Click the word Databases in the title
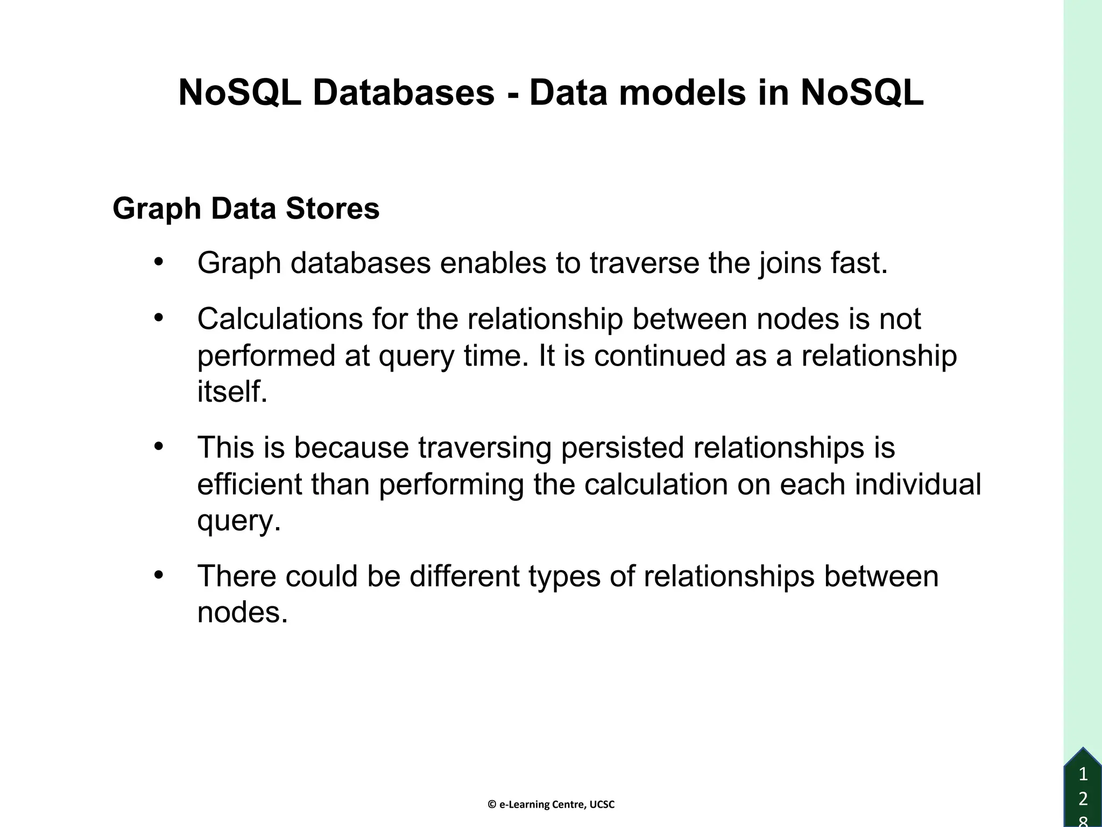click(x=404, y=93)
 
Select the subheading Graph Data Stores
click(x=246, y=209)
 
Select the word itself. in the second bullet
click(x=232, y=391)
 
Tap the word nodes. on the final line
click(x=242, y=613)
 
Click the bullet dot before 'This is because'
click(x=158, y=447)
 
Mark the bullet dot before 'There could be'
click(x=158, y=576)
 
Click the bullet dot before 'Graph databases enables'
click(x=158, y=263)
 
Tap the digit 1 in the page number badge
click(x=1083, y=775)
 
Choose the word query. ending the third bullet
click(x=239, y=521)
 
